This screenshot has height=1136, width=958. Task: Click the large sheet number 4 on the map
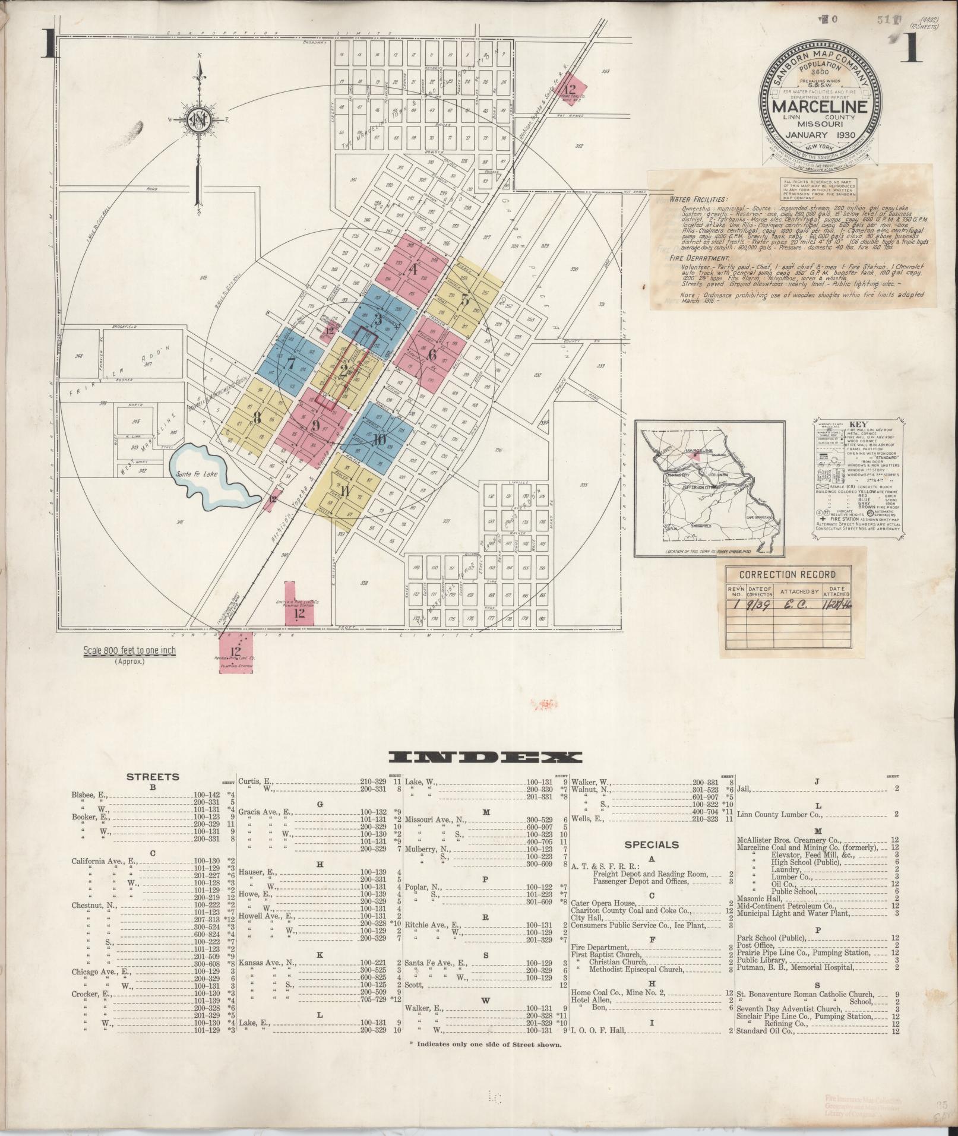(414, 269)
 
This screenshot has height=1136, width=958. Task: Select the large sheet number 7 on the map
(290, 363)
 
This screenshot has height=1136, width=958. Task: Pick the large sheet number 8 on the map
(257, 417)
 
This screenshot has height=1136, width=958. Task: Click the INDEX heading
(485, 757)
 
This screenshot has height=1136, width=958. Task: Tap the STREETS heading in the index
(153, 776)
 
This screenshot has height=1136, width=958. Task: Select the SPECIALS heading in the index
(652, 844)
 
